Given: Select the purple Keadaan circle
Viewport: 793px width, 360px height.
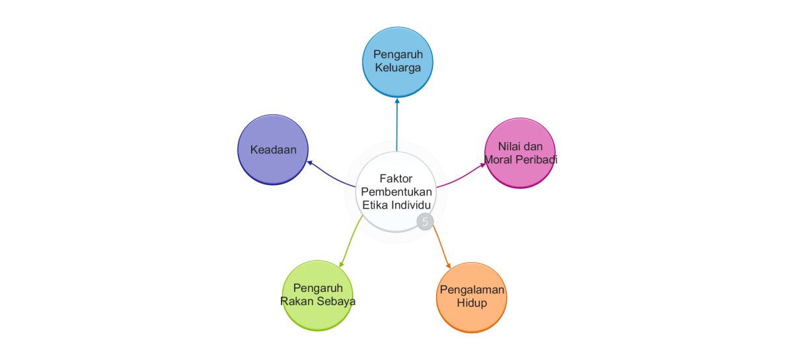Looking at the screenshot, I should click(273, 150).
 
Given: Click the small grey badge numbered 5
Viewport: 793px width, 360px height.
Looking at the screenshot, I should click(425, 222).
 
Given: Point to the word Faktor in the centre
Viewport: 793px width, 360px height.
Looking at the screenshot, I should click(396, 178).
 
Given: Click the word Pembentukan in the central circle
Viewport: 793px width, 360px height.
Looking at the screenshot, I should click(396, 192).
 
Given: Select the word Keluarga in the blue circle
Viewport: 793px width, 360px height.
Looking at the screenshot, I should click(397, 67).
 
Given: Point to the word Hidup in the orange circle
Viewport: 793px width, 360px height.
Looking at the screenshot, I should click(472, 303).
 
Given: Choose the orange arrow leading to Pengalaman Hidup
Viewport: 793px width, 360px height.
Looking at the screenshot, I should click(441, 248).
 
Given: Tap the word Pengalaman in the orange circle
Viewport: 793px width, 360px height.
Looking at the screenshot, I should click(472, 290).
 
